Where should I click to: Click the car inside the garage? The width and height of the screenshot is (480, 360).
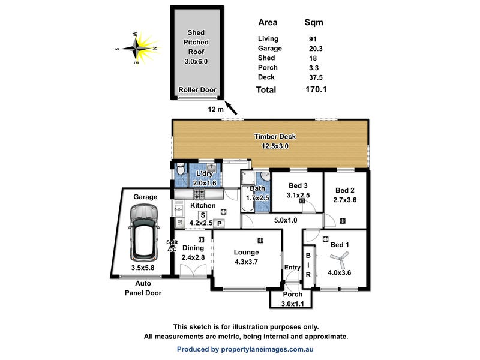144,232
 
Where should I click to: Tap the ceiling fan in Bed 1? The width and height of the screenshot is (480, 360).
340,260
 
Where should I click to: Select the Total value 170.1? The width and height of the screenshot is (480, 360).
316,89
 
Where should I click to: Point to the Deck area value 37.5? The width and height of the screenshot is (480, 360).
316,77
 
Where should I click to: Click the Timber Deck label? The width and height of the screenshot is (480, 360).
275,137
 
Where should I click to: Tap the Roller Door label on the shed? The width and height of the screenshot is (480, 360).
197,89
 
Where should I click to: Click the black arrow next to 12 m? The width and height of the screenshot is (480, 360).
231,108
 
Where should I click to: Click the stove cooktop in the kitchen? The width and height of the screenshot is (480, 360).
199,194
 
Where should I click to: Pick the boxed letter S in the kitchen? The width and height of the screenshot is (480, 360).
203,215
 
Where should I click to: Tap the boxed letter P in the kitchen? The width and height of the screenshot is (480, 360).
219,224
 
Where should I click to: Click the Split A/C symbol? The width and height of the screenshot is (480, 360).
172,246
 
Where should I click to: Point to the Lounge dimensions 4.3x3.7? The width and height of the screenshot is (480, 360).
246,262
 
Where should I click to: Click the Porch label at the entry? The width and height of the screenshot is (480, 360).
292,294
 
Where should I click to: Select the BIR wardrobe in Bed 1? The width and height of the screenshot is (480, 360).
308,266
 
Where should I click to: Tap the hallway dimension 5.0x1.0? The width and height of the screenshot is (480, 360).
286,220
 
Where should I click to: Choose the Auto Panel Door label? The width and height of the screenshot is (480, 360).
143,288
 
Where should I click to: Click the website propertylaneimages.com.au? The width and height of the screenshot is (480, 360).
267,349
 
